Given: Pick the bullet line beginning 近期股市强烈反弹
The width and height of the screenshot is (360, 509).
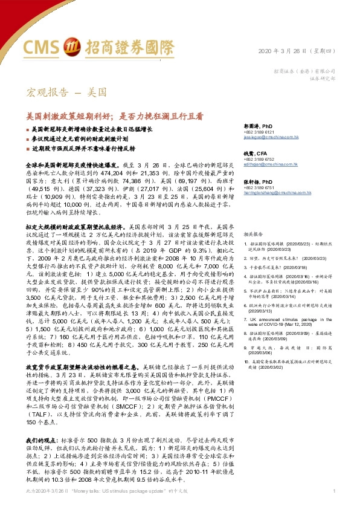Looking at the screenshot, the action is point(91,148).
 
